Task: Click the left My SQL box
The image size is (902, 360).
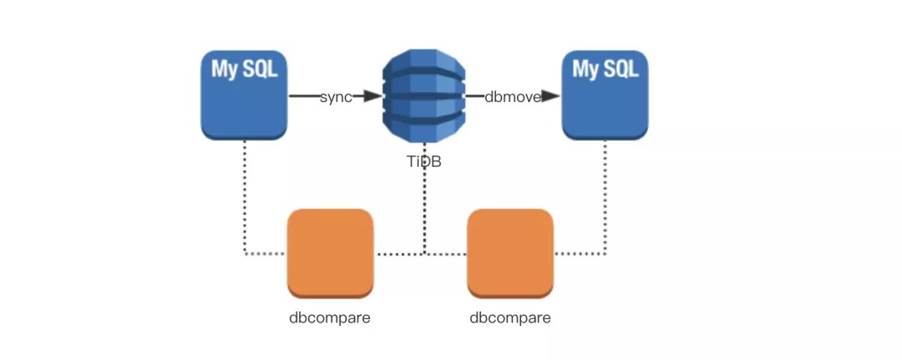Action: [244, 95]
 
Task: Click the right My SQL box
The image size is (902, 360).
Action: [605, 95]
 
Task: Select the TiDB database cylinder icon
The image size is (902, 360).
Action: [424, 95]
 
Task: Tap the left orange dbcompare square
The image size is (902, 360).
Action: [331, 254]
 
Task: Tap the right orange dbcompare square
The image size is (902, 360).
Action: [510, 254]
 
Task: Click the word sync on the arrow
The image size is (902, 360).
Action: [336, 97]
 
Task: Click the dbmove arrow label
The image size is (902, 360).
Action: [513, 97]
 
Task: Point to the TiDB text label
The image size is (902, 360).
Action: [424, 161]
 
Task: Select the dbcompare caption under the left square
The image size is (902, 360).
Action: [330, 318]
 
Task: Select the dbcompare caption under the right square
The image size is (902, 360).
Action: [510, 318]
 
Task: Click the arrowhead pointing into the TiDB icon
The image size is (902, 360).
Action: [372, 96]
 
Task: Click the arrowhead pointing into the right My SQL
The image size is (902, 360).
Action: [551, 96]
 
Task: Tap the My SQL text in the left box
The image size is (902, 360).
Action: [245, 69]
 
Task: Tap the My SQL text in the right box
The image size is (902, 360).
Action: [606, 69]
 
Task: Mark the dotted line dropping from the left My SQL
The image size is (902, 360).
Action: [245, 196]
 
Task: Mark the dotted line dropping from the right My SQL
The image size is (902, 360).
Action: [606, 196]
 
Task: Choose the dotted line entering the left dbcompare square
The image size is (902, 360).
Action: [266, 254]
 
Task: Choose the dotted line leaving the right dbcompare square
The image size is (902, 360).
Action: [580, 254]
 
